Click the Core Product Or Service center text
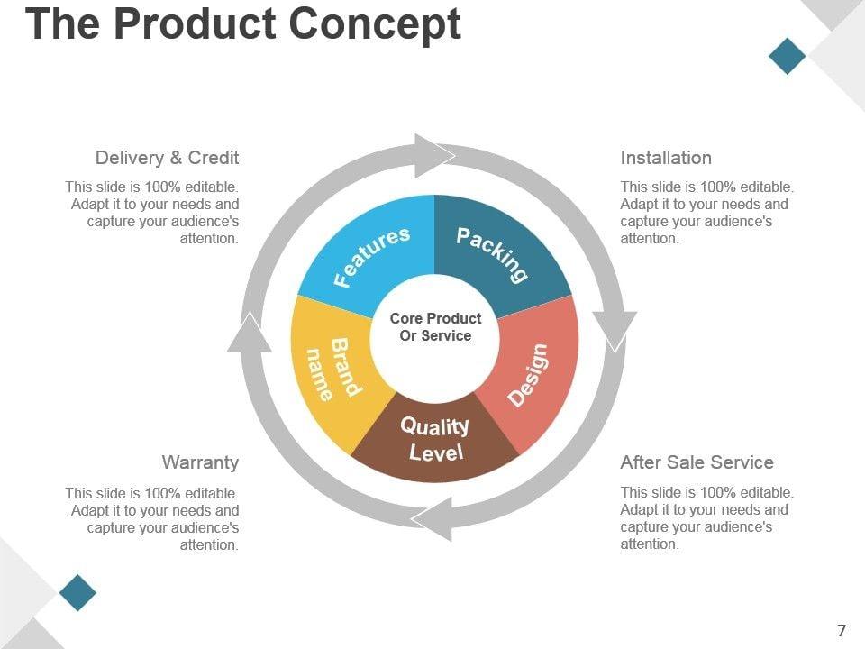pos(435,327)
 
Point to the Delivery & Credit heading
pos(167,158)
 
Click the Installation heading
pos(666,158)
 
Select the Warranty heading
pos(200,462)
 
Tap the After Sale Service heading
pos(697,462)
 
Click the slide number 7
pos(842,630)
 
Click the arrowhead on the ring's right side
pos(615,329)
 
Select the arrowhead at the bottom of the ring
pos(434,518)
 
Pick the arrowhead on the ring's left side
pos(250,332)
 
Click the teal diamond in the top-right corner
pos(788,55)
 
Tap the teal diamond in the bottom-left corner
pos(77,592)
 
